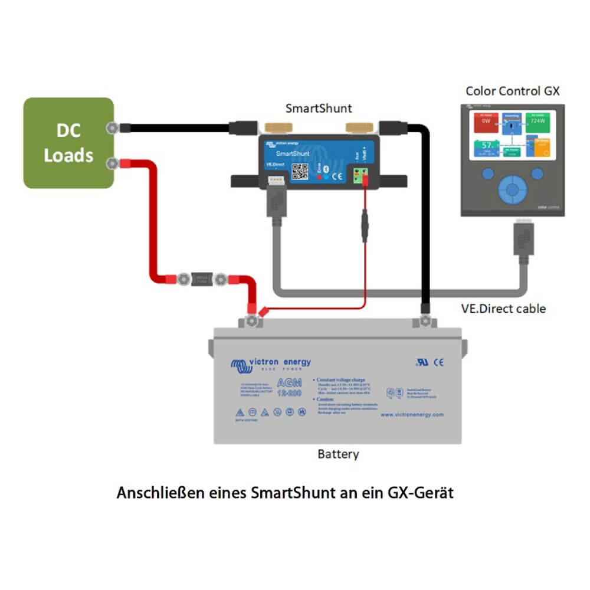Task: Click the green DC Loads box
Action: (68, 143)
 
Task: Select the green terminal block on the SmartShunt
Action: (361, 175)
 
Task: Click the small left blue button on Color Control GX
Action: (487, 173)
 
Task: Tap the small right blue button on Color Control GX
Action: (537, 173)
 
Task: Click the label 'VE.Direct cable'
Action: (503, 309)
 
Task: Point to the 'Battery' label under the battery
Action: (338, 454)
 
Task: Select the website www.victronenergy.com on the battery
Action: (411, 415)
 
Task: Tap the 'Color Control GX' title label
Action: (512, 91)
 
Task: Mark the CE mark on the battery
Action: (438, 362)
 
